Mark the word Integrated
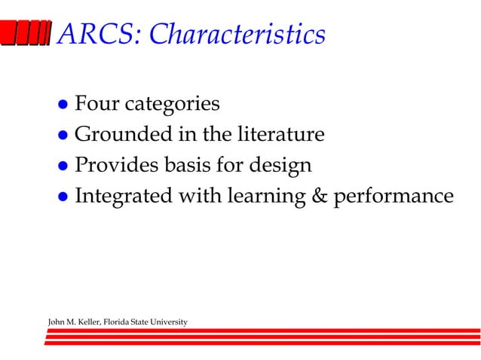click(123, 196)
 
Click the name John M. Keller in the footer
click(72, 322)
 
